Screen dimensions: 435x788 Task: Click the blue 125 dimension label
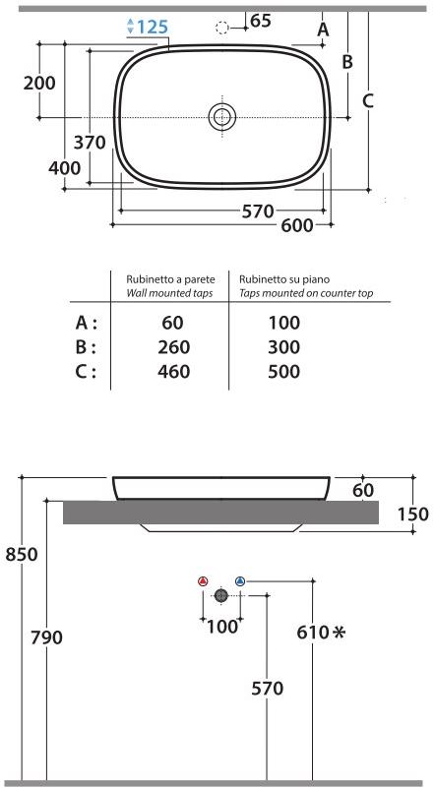tap(153, 27)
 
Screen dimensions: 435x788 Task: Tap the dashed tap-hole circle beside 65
tap(221, 29)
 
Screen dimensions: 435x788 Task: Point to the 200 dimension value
tap(39, 83)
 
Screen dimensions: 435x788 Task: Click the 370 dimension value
tap(90, 143)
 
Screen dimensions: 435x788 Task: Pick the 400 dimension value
tap(64, 168)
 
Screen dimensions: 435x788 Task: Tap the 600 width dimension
tap(297, 225)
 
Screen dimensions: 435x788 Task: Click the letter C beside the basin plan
tap(368, 101)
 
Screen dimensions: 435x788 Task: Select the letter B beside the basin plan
tap(347, 62)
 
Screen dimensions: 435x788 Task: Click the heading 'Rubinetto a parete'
tap(170, 279)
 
